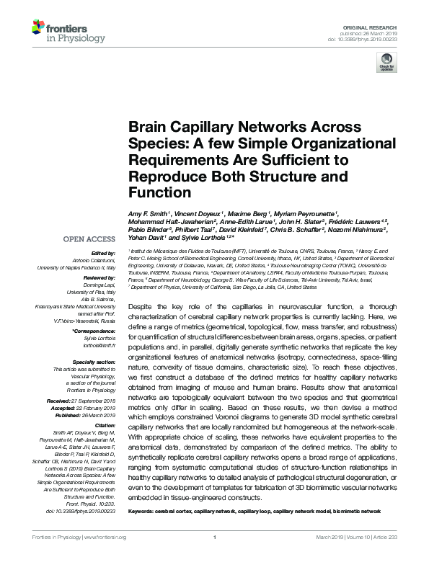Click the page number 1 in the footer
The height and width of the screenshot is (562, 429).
click(x=215, y=556)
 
